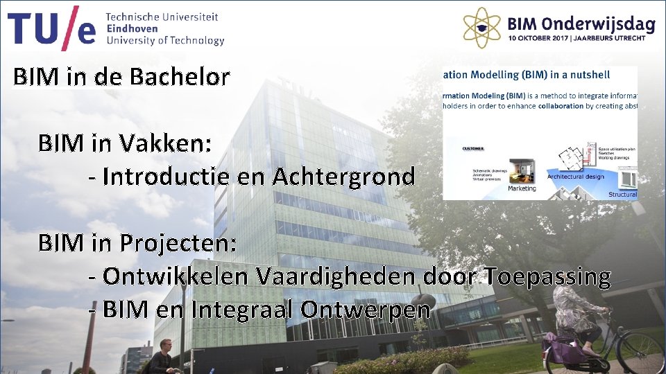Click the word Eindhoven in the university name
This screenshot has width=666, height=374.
click(133, 28)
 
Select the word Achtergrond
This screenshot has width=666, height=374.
click(343, 177)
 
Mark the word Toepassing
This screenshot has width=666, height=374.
click(547, 276)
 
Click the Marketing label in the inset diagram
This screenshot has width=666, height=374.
click(522, 188)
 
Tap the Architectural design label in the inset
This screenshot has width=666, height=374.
click(575, 177)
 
